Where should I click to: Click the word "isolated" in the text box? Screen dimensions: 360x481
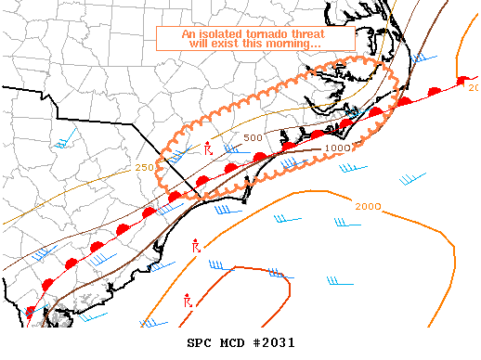[220, 34]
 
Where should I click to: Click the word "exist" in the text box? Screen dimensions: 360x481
[227, 45]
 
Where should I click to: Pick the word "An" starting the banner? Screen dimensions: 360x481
[189, 34]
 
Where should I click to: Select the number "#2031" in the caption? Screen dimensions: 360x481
[274, 344]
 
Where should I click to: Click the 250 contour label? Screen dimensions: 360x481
[145, 167]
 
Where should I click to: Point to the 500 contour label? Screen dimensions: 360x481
[253, 138]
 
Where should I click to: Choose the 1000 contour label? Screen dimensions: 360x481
[337, 148]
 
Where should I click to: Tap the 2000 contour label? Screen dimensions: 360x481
[369, 205]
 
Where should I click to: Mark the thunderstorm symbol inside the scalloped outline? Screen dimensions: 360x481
[208, 148]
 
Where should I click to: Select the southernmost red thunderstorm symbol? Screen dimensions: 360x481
[188, 302]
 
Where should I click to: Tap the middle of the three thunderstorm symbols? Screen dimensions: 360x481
[196, 247]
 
